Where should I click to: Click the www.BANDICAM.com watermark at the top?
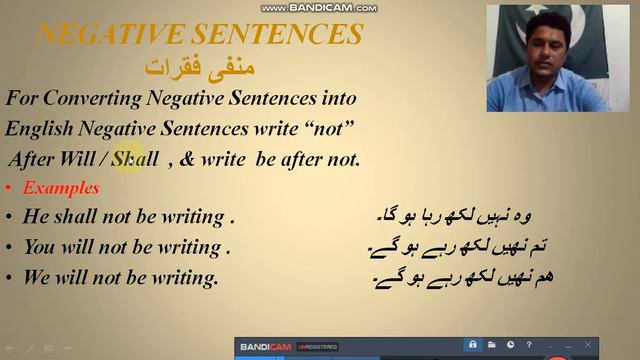point(319,7)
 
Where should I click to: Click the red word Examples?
point(60,187)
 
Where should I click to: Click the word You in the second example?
point(40,246)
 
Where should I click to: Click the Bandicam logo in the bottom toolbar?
point(264,347)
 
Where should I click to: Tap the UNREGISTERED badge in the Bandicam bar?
point(315,347)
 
